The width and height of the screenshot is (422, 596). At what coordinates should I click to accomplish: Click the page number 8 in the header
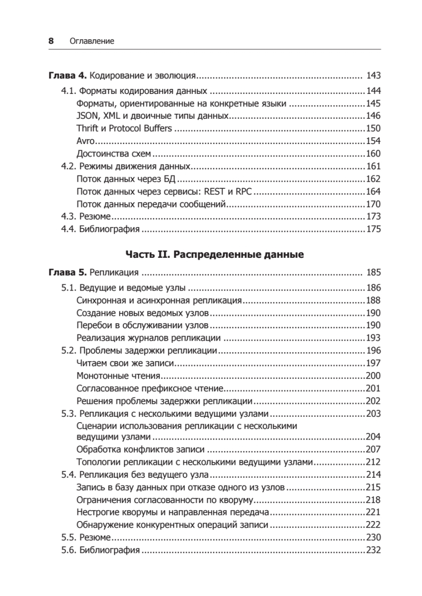(x=51, y=41)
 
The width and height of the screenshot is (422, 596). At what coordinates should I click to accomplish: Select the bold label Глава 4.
(x=68, y=76)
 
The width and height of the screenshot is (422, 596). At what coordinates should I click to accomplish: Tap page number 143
(x=373, y=76)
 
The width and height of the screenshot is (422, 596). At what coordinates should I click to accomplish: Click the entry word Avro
(x=85, y=141)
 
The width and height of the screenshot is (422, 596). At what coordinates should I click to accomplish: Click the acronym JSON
(x=87, y=116)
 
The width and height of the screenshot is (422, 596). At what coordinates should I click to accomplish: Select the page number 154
(x=373, y=141)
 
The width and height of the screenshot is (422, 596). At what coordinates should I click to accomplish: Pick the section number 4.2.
(x=68, y=166)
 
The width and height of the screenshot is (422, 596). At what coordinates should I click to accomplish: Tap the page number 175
(x=373, y=229)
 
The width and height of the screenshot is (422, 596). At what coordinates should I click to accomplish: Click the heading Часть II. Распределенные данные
(x=215, y=255)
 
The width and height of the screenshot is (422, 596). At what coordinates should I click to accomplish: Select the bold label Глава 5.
(x=68, y=272)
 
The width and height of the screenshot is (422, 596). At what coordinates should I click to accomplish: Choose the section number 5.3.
(x=68, y=414)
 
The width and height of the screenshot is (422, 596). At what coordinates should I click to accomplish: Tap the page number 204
(x=373, y=437)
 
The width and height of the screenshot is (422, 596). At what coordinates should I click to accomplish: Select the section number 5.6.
(x=68, y=550)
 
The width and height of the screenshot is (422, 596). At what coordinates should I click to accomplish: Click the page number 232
(x=373, y=550)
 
